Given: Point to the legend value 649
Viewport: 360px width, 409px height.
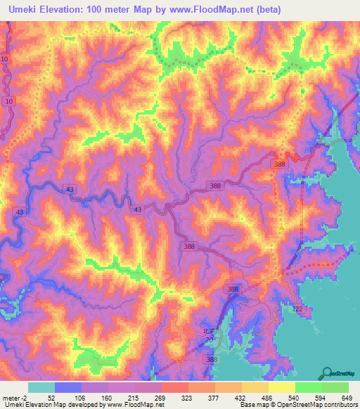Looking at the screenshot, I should (347, 397).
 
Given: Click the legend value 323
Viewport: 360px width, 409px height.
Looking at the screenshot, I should (188, 397).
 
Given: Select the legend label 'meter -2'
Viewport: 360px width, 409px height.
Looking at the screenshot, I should (15, 397).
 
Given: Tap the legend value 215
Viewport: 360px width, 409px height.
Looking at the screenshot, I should (134, 397).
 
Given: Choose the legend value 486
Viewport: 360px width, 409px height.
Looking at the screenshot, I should (269, 397).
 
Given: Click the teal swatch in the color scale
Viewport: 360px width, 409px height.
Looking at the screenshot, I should (41, 387).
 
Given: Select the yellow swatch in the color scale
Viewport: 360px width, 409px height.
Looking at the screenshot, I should (282, 387).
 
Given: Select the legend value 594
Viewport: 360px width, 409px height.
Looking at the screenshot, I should (321, 397).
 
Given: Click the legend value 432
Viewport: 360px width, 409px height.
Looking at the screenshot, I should (241, 397).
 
